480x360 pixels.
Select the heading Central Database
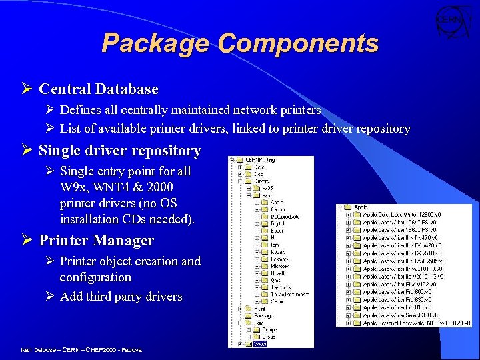pyautogui.click(x=99, y=89)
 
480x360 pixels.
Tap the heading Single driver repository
pyautogui.click(x=120, y=151)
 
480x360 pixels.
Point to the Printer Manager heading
pyautogui.click(x=97, y=241)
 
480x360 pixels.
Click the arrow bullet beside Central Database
pyautogui.click(x=28, y=89)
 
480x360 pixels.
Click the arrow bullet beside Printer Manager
pyautogui.click(x=28, y=241)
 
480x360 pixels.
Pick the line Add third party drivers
pyautogui.click(x=121, y=297)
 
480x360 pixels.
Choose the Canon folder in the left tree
pyautogui.click(x=278, y=209)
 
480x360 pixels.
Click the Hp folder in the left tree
pyautogui.click(x=274, y=238)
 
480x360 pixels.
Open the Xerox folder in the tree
pyautogui.click(x=277, y=302)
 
